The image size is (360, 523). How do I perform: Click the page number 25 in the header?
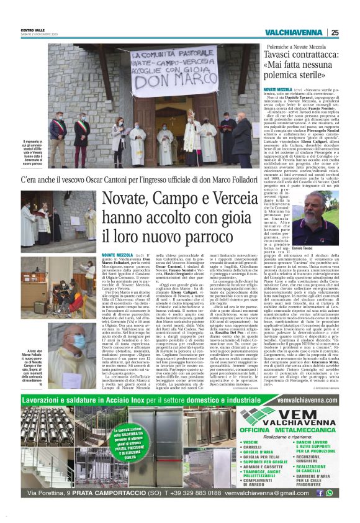pos(335,32)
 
